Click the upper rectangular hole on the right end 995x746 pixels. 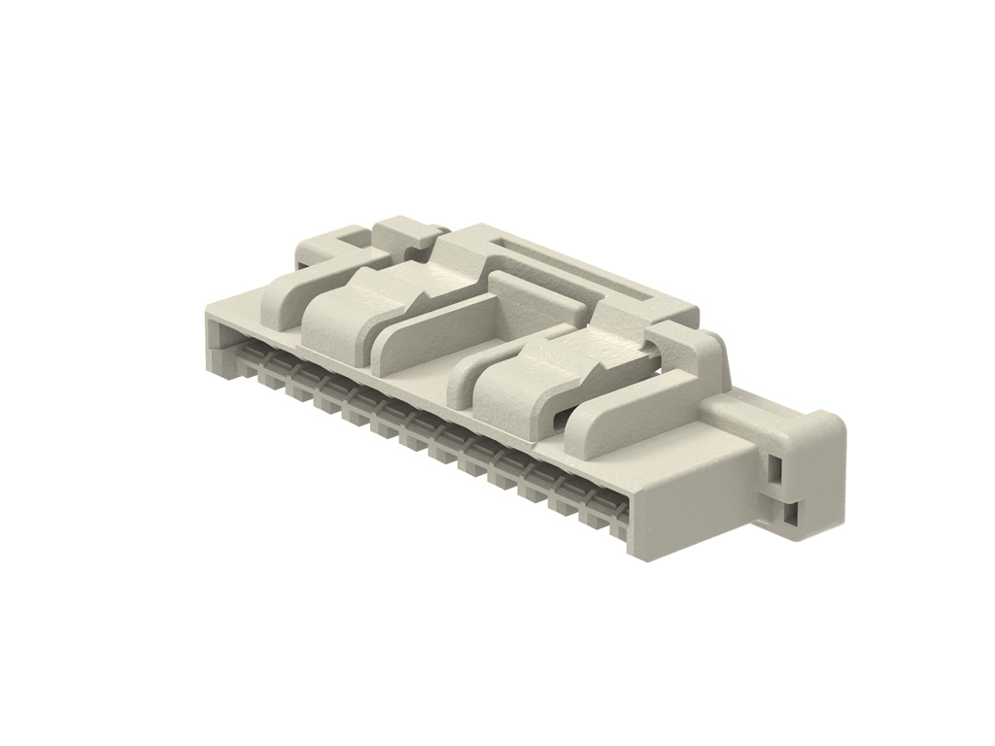coord(775,471)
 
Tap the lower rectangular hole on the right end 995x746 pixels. coord(793,516)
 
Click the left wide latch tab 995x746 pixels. coord(340,316)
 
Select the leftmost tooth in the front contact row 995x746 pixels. coord(244,359)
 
